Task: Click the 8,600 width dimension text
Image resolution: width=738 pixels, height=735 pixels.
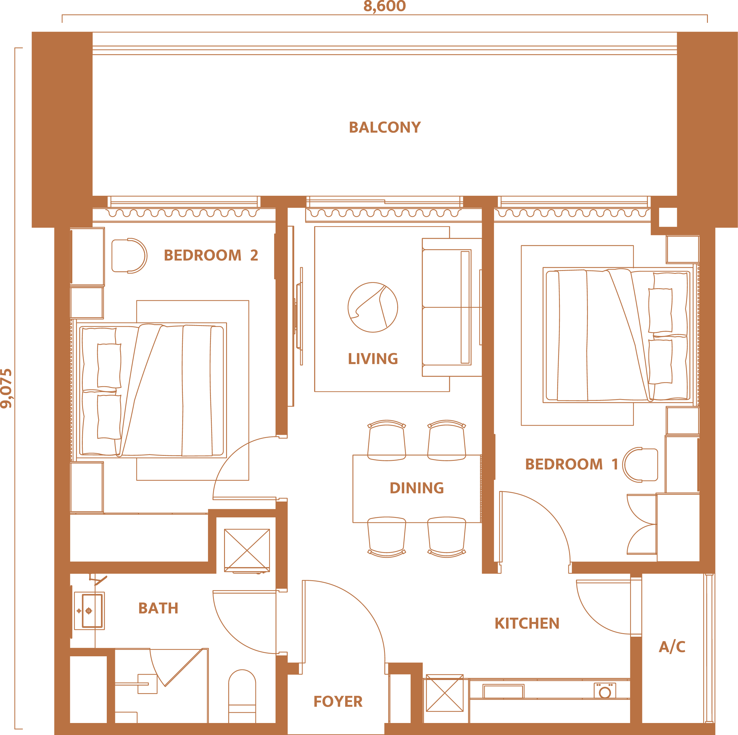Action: [x=384, y=6]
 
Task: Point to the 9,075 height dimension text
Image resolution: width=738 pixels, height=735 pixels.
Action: [x=6, y=389]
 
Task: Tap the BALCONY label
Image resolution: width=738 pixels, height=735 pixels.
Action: [x=385, y=127]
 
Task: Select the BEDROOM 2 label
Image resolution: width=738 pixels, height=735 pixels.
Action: [x=211, y=255]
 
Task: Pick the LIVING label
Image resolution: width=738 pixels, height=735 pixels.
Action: [x=373, y=359]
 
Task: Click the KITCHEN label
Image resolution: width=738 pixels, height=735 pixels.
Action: [x=527, y=624]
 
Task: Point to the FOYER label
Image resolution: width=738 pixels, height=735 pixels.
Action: [x=338, y=701]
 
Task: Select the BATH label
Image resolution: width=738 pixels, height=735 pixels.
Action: [x=158, y=608]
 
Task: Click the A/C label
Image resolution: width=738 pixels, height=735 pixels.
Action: [x=672, y=646]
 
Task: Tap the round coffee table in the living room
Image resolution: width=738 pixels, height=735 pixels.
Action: [x=373, y=307]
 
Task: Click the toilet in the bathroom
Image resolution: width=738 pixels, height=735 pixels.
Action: [x=242, y=696]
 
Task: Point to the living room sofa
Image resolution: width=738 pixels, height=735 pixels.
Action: [x=452, y=307]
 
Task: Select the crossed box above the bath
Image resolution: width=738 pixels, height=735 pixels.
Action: [x=247, y=550]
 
